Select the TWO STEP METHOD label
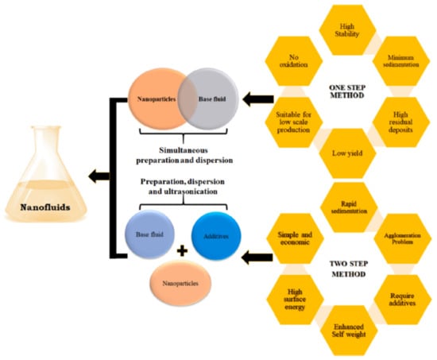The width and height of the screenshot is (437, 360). [346, 269]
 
